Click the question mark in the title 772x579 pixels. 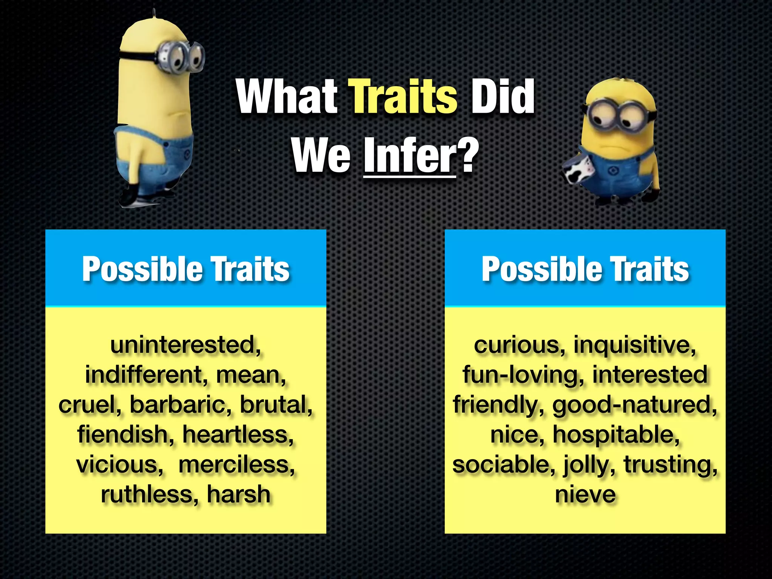[x=469, y=155]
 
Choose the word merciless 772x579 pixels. [x=236, y=464]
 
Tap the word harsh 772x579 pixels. [x=239, y=494]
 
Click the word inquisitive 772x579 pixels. [x=634, y=345]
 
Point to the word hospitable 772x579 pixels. [x=616, y=435]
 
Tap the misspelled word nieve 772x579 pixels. [x=585, y=494]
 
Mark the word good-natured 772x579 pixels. [x=634, y=405]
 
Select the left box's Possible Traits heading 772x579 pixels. [x=185, y=269]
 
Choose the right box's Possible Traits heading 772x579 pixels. [x=585, y=269]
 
